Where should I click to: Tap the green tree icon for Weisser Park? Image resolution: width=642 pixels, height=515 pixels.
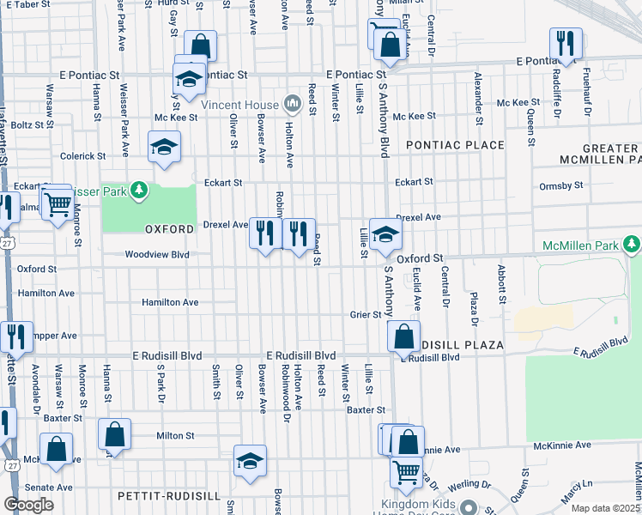[x=136, y=191]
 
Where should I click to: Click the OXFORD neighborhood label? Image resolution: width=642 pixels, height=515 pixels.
[x=169, y=229]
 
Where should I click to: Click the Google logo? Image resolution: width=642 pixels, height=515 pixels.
[x=28, y=504]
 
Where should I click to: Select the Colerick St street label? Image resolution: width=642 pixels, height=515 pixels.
[x=82, y=156]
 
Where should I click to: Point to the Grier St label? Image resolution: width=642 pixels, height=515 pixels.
[x=365, y=314]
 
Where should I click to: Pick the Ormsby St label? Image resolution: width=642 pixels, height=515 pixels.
[x=561, y=185]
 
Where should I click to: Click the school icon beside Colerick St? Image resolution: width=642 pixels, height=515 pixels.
[x=164, y=147]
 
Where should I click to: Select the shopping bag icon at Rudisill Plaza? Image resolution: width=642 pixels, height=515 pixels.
[x=403, y=337]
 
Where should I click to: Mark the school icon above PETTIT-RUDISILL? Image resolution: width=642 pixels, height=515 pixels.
[x=250, y=461]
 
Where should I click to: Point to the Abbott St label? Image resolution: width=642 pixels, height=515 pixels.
[x=500, y=277]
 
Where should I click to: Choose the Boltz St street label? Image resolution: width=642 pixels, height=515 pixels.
[x=33, y=124]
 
